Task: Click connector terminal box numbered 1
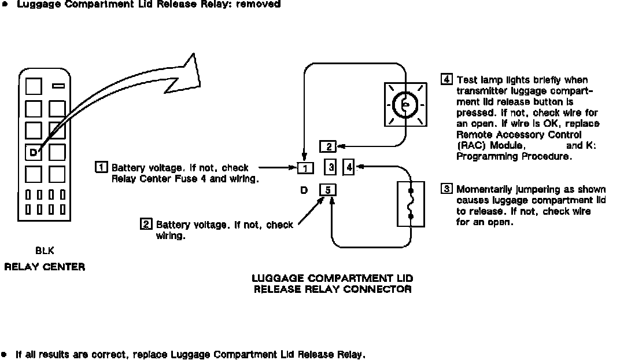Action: [x=305, y=168]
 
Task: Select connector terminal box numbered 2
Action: [x=327, y=147]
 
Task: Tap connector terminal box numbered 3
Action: [x=330, y=168]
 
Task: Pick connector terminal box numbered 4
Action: [x=349, y=168]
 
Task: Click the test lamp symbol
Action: [x=405, y=104]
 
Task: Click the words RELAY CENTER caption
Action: [x=45, y=267]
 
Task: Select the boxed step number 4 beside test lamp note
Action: [x=446, y=80]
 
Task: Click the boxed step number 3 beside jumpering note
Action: [x=446, y=189]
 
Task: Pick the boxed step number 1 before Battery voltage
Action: [x=101, y=168]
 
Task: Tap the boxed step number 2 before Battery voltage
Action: [x=146, y=224]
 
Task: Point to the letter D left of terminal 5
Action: [x=304, y=189]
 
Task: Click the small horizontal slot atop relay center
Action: [x=58, y=86]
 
